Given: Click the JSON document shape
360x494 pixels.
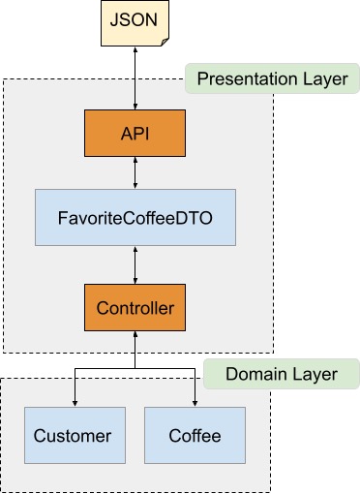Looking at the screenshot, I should [135, 24].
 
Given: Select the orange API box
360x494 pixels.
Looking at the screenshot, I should [135, 133].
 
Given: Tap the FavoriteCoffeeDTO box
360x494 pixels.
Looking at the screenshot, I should [135, 217].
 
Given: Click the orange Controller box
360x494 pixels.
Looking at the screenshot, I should [135, 308].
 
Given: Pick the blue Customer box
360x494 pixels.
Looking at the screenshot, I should [74, 435].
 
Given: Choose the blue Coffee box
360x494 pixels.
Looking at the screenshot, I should [195, 435].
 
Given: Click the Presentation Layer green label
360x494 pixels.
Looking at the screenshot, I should [272, 78].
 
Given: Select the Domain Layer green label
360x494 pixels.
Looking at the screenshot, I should [281, 374].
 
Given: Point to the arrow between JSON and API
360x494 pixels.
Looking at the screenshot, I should [135, 77].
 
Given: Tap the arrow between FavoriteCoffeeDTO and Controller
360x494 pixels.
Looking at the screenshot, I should [135, 263].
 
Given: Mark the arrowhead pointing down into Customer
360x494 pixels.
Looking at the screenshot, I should [74, 403].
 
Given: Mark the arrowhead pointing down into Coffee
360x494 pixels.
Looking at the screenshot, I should [195, 403].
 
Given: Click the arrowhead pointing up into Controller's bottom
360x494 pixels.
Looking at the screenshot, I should [135, 337].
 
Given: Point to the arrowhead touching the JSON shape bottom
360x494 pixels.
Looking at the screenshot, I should [135, 50].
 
